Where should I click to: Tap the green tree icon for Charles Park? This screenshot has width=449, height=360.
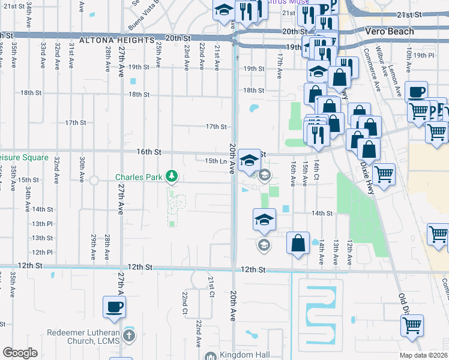[172, 176]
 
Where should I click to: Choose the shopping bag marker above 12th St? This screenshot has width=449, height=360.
[298, 244]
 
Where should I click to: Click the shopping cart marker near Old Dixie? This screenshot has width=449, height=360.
[412, 326]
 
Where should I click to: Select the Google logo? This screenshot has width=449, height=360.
[20, 353]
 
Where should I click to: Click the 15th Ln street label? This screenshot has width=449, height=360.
[215, 161]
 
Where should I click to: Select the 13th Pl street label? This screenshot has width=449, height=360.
[43, 223]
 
